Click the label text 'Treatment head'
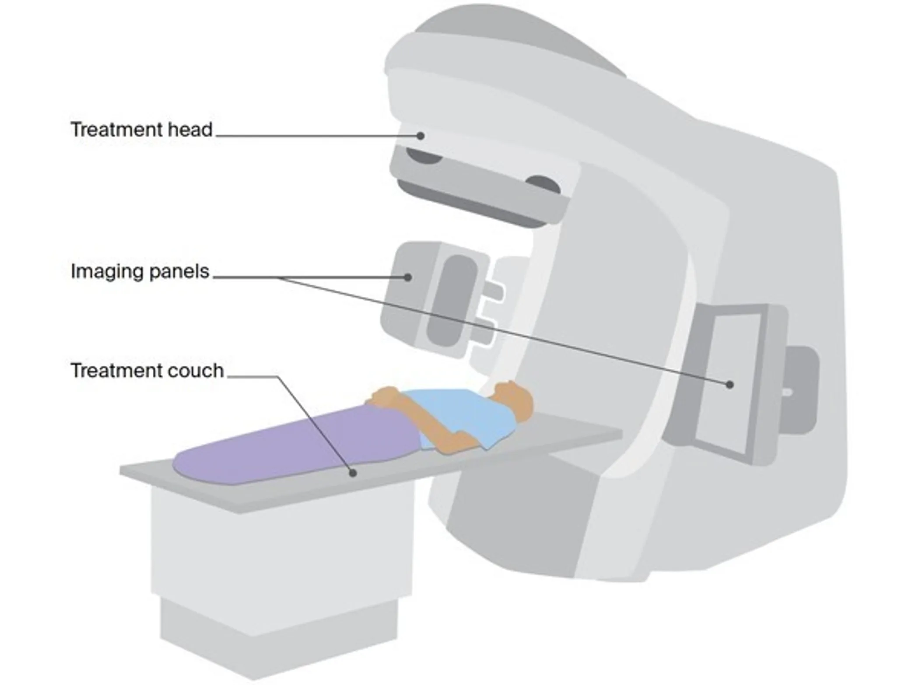point(141,130)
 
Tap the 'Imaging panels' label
point(140,272)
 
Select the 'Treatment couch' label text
point(147,371)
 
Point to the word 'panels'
point(179,272)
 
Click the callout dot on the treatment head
point(420,136)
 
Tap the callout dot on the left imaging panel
point(407,277)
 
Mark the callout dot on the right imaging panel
point(730,384)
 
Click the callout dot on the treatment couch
point(353,473)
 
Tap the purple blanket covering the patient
point(298,444)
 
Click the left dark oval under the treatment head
point(424,156)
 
